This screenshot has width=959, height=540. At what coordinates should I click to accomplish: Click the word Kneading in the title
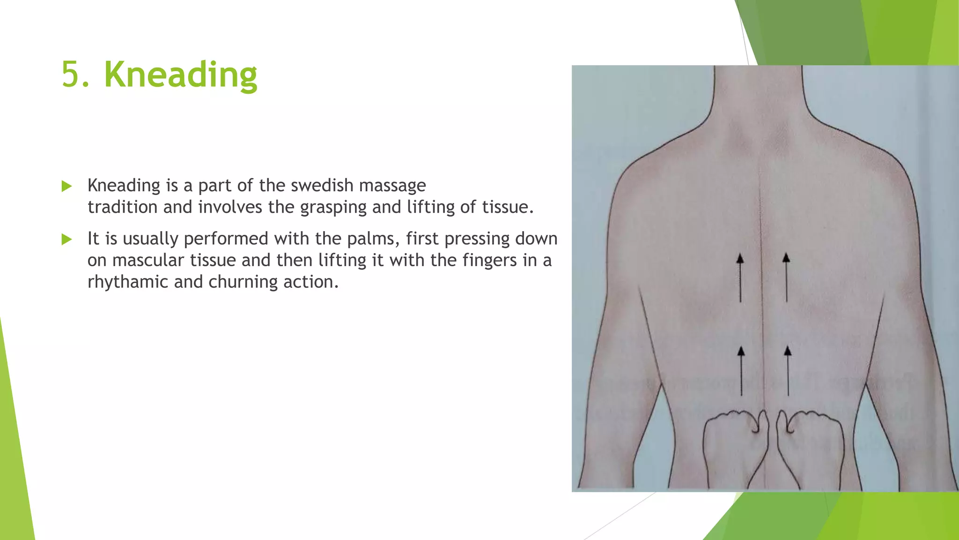click(x=180, y=75)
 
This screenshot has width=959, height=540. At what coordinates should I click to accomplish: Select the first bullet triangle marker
click(x=66, y=187)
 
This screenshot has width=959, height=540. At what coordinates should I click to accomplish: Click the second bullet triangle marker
click(x=66, y=240)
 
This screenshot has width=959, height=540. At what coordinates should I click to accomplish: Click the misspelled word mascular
click(x=148, y=261)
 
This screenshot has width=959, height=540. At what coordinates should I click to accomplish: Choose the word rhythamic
click(x=127, y=282)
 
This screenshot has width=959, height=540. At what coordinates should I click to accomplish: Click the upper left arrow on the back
click(x=740, y=277)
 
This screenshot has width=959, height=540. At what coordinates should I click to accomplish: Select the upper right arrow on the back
click(x=786, y=277)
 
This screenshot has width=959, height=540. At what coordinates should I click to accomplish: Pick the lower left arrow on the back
click(x=741, y=371)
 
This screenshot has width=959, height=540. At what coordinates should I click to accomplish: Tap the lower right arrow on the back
click(x=788, y=371)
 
